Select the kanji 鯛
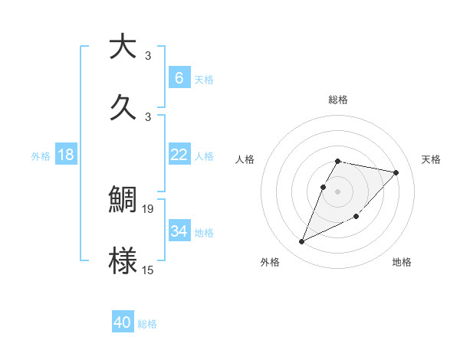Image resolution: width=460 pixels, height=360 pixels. click(x=123, y=200)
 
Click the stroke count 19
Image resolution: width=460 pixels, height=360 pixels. click(x=149, y=208)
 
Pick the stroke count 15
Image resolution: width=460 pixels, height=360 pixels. click(x=149, y=269)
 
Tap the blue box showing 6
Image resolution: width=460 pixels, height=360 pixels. click(x=179, y=77)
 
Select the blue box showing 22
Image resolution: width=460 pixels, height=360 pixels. click(x=179, y=155)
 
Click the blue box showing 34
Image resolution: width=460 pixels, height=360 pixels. click(x=179, y=231)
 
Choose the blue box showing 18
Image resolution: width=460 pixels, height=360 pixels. click(x=66, y=155)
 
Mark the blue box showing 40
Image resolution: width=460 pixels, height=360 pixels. click(x=122, y=322)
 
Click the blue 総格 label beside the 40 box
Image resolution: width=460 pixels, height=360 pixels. click(x=147, y=324)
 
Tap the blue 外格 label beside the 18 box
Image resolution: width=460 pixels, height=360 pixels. click(x=41, y=156)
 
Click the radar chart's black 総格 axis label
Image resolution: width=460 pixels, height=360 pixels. click(x=338, y=100)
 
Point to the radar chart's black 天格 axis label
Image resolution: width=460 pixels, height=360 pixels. click(x=432, y=159)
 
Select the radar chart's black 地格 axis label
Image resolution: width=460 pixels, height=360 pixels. click(x=402, y=263)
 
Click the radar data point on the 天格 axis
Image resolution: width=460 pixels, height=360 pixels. click(x=396, y=172)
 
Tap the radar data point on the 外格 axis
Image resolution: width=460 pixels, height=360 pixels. click(x=302, y=241)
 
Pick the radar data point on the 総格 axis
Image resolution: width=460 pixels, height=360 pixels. click(x=338, y=161)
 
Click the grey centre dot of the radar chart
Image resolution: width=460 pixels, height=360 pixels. click(x=338, y=191)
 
